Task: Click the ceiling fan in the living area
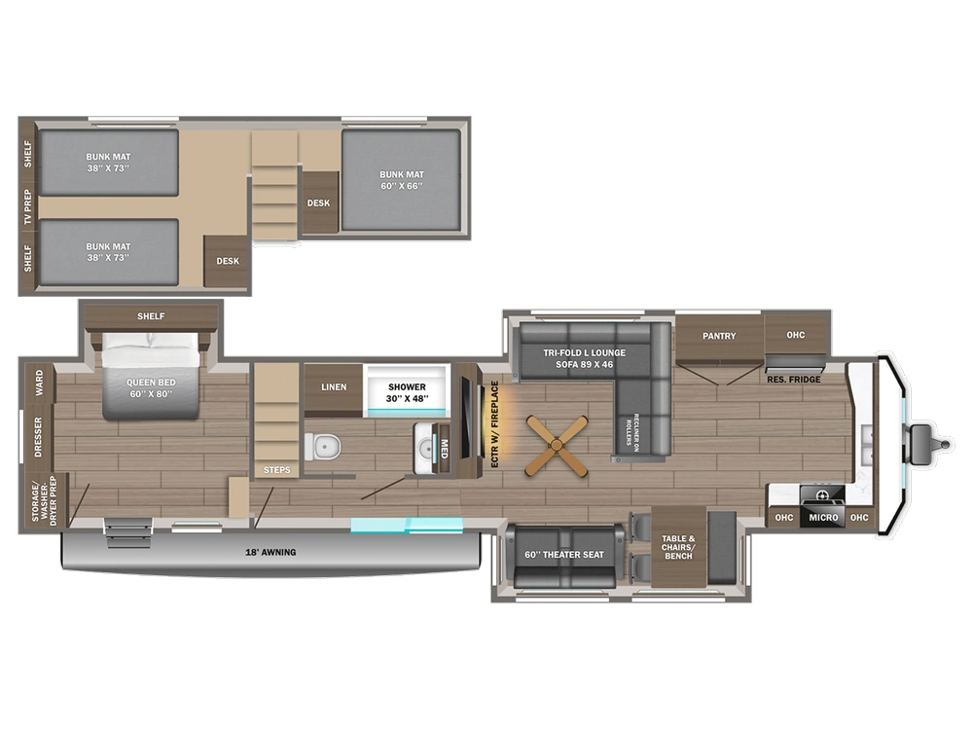click(557, 447)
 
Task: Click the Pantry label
click(719, 336)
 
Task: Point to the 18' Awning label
click(270, 553)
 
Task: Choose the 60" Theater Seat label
click(563, 555)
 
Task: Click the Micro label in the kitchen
click(822, 517)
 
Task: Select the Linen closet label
click(334, 386)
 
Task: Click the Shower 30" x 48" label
click(407, 392)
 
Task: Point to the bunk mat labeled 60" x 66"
click(400, 180)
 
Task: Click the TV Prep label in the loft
click(28, 207)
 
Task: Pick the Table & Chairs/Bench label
click(678, 546)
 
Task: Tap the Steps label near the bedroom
click(275, 471)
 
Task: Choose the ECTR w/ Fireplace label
click(494, 424)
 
